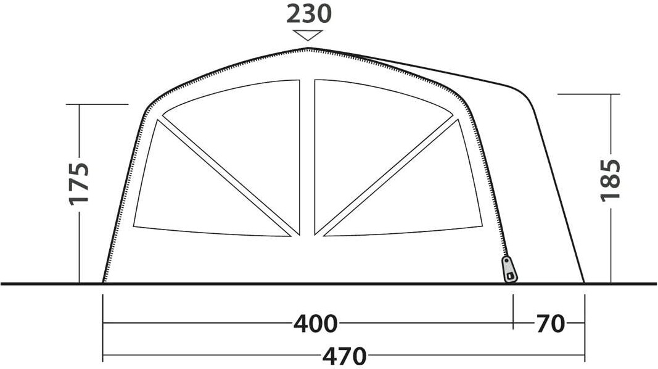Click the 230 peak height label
click(309, 14)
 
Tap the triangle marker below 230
click(308, 35)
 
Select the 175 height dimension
click(80, 183)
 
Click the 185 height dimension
click(610, 180)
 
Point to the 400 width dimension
click(315, 324)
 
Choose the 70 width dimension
click(550, 324)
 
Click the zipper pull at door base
click(509, 269)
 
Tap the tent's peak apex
click(308, 49)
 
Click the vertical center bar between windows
click(307, 157)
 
